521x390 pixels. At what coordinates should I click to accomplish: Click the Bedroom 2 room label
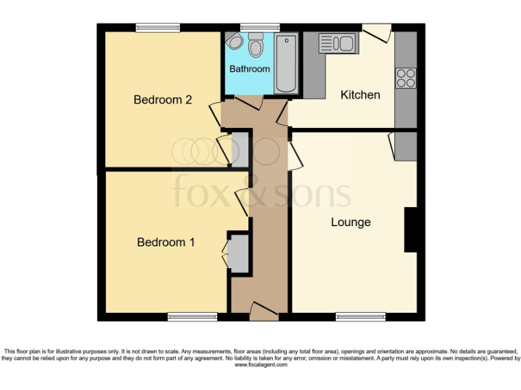[162, 100]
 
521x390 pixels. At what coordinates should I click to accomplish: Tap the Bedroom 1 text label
[166, 242]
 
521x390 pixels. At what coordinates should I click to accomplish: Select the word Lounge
[351, 222]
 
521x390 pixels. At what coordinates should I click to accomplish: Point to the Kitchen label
[360, 95]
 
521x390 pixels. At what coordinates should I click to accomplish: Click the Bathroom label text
[249, 69]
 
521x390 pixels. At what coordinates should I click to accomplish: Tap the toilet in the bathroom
[256, 45]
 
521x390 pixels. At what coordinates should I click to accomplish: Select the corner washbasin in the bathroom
[235, 42]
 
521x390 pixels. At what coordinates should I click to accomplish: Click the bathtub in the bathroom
[286, 64]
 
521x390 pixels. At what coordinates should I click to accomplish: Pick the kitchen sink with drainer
[336, 44]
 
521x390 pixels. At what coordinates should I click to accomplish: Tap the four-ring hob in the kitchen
[406, 78]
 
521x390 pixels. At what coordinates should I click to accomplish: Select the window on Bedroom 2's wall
[157, 28]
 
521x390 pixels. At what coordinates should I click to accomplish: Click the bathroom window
[256, 28]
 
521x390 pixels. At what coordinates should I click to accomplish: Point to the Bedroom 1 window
[193, 316]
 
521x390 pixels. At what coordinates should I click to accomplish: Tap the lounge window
[360, 316]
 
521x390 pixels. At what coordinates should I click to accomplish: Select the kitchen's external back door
[377, 32]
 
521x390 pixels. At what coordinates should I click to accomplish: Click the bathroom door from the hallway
[249, 102]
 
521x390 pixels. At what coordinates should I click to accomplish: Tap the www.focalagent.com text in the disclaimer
[260, 365]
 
